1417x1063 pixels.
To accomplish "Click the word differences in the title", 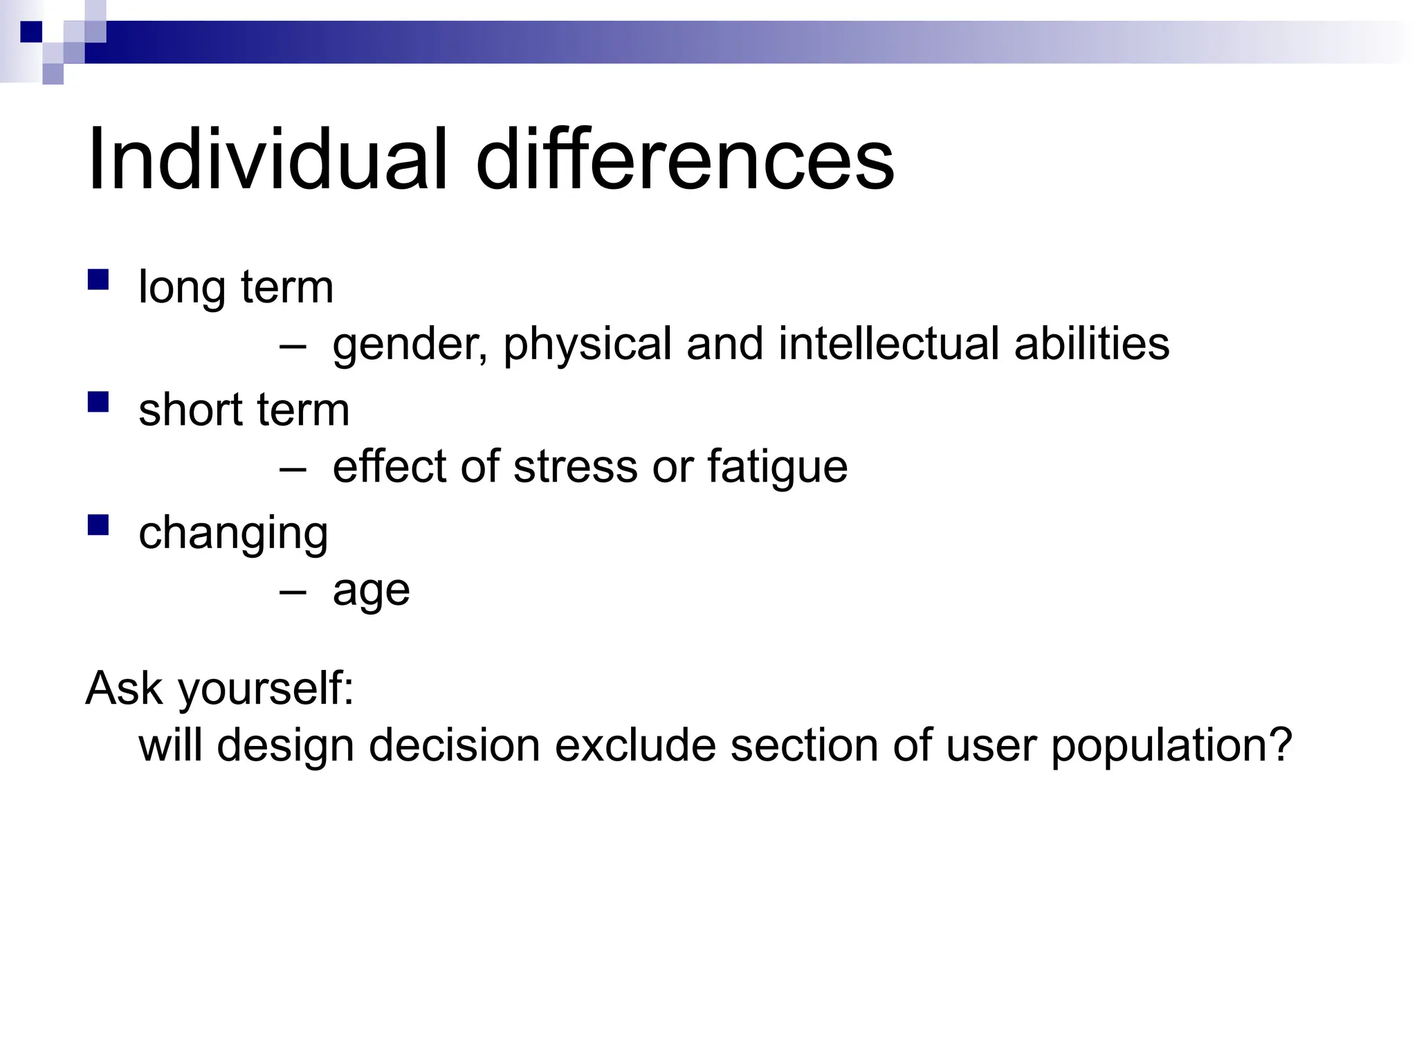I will click(x=685, y=160).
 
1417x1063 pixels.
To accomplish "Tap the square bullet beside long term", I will click(x=99, y=280).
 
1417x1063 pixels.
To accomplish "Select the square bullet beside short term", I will click(x=99, y=403).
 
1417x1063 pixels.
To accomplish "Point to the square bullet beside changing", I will click(x=99, y=525).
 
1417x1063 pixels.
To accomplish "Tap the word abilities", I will click(x=1092, y=344).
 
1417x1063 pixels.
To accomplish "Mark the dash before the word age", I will click(x=293, y=591).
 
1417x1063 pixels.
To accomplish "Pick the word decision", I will click(x=454, y=746).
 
